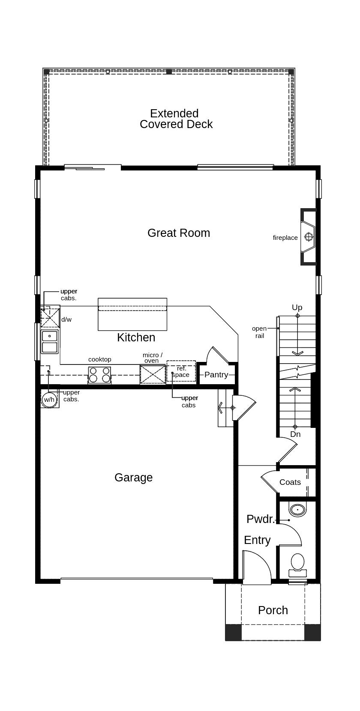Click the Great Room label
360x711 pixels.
tap(179, 233)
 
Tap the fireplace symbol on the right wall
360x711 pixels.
tap(308, 236)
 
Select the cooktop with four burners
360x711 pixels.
tap(100, 374)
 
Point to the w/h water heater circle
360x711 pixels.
tap(49, 400)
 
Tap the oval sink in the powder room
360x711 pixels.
tap(297, 510)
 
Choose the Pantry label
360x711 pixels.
tap(216, 374)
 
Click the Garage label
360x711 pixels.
tap(133, 478)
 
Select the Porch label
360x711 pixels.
tap(273, 610)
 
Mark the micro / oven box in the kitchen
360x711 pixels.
tap(153, 374)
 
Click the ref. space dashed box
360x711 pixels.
tap(181, 371)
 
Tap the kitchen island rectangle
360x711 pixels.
tap(132, 314)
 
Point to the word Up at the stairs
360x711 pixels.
tap(297, 307)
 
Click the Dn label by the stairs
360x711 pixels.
tap(295, 434)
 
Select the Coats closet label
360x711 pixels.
tap(290, 482)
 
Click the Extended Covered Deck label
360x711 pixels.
tap(176, 119)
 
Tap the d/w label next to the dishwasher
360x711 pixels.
tap(66, 320)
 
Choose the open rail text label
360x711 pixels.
tap(259, 332)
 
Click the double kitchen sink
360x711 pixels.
tap(50, 341)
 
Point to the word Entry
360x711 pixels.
tap(258, 540)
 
